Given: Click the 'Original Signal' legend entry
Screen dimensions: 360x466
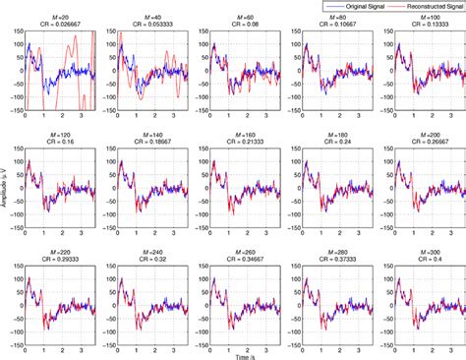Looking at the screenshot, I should pos(358,6).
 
